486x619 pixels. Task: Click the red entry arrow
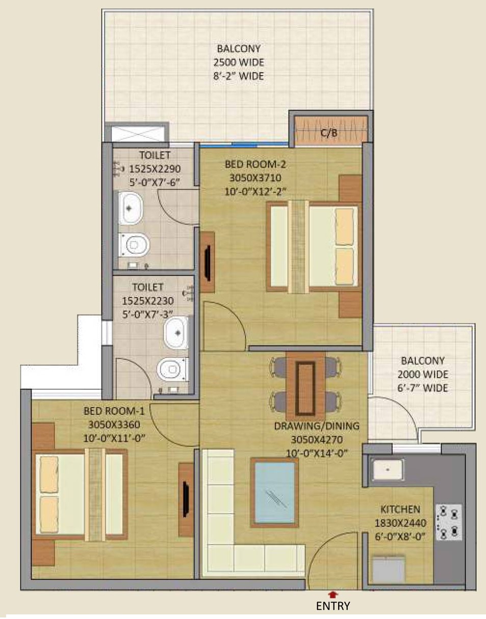point(332,594)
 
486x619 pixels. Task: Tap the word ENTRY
point(333,606)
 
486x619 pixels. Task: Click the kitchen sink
point(388,469)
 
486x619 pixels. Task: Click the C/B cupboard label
point(329,133)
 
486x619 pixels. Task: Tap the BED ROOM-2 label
point(255,164)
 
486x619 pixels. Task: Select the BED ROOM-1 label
point(114,411)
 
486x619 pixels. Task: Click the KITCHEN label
point(400,509)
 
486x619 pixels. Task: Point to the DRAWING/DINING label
point(317,426)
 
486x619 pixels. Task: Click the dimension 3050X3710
point(255,178)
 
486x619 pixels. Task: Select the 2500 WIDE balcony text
point(239,62)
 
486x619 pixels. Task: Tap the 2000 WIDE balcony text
point(423,374)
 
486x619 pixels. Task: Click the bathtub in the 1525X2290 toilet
point(131,208)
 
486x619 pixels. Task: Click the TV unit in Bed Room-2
point(208,262)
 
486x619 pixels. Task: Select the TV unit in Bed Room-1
point(186,500)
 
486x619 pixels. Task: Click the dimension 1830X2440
point(400,523)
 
